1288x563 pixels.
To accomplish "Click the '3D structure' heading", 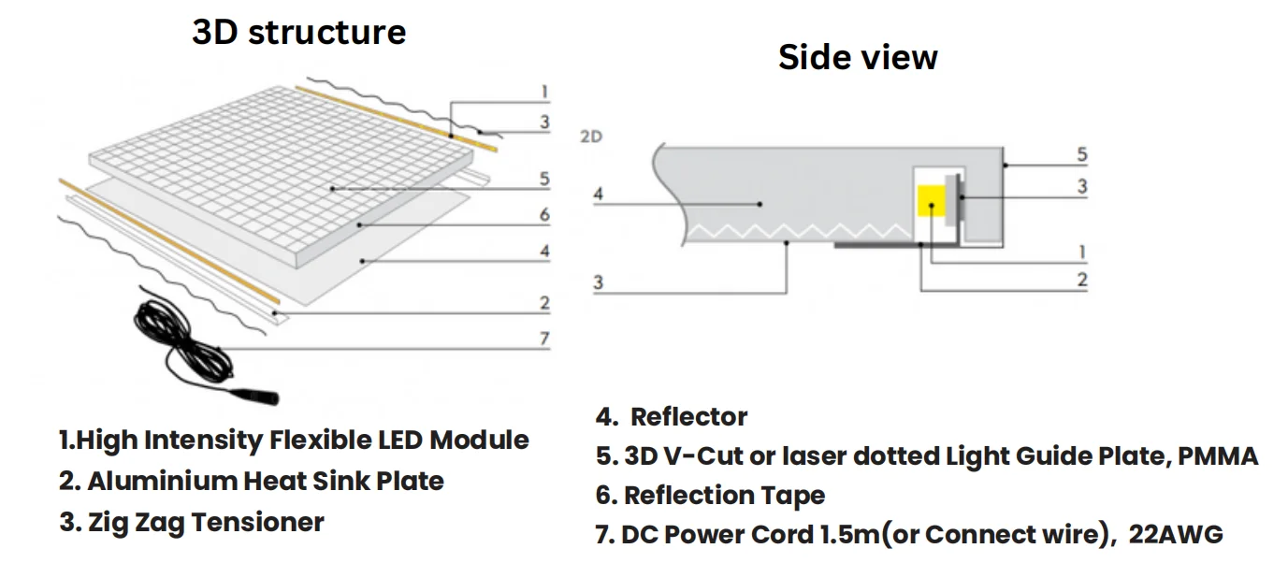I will (x=298, y=33).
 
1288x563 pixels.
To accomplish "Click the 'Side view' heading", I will (x=858, y=58).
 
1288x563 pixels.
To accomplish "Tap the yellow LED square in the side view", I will (x=932, y=201).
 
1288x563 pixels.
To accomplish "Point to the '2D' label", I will (x=591, y=137).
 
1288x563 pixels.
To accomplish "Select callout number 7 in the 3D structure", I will (x=544, y=339).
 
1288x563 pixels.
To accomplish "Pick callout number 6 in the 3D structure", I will (x=544, y=215).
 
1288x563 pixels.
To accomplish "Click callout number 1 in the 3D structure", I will (x=544, y=92).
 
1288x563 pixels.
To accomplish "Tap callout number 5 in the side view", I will (x=1082, y=155).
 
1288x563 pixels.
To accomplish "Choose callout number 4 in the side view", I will (x=600, y=195).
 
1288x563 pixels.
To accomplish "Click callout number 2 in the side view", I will (x=1082, y=280).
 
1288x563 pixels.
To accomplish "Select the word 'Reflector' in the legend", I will (x=689, y=417).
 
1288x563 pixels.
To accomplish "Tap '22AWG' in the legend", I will (x=1176, y=535).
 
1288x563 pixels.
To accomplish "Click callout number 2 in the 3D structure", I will (x=544, y=303).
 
